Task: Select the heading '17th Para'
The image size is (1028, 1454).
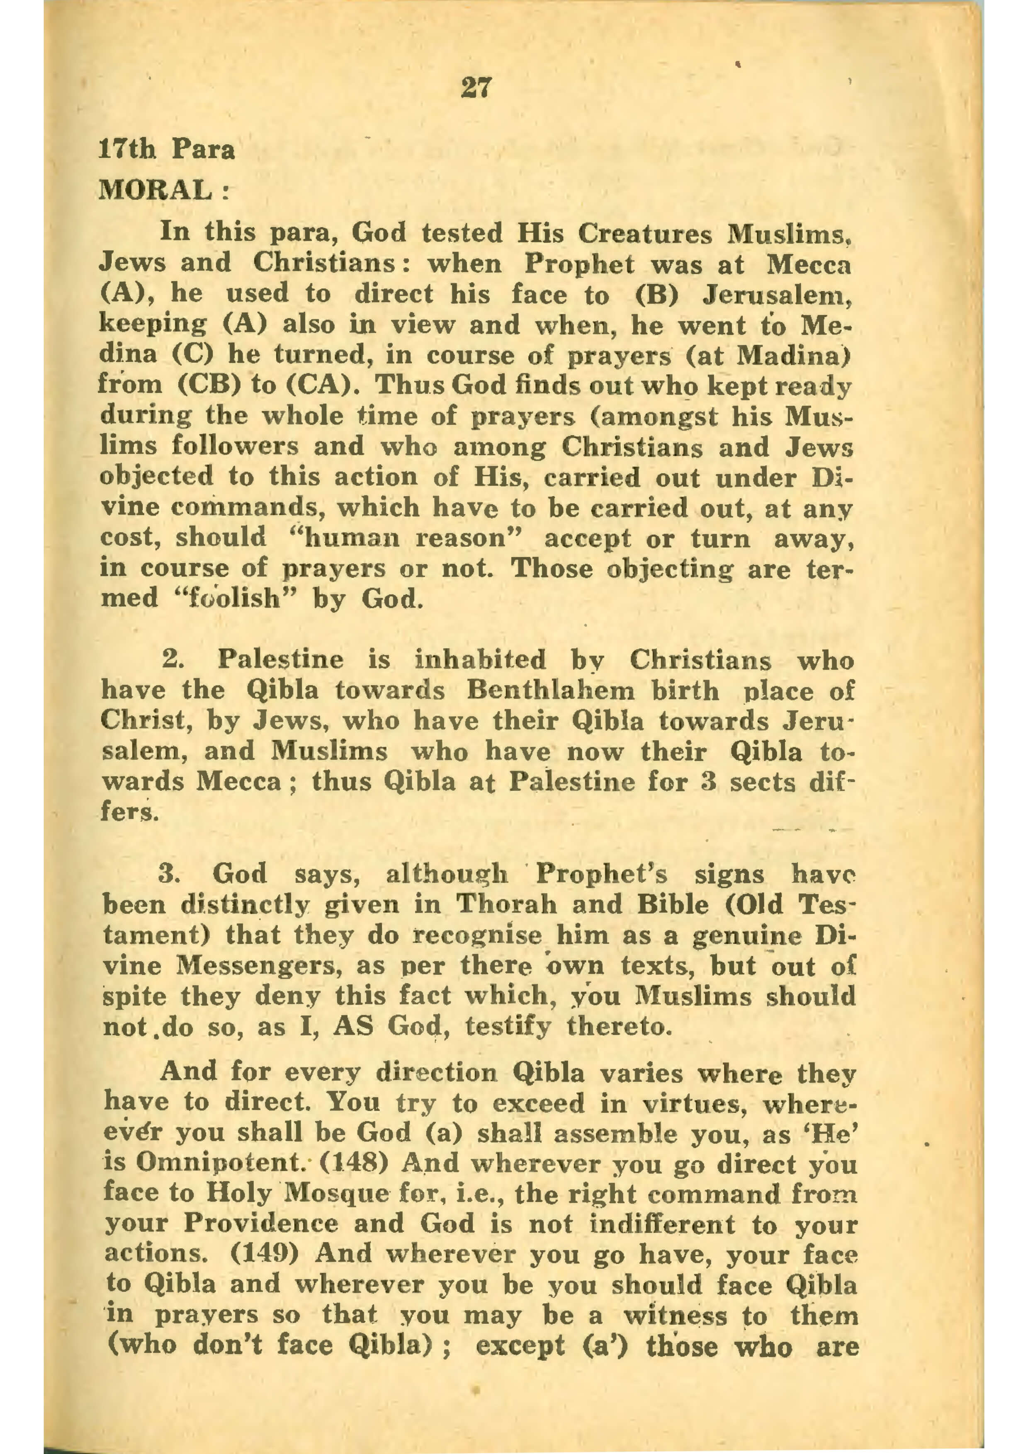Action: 167,150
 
